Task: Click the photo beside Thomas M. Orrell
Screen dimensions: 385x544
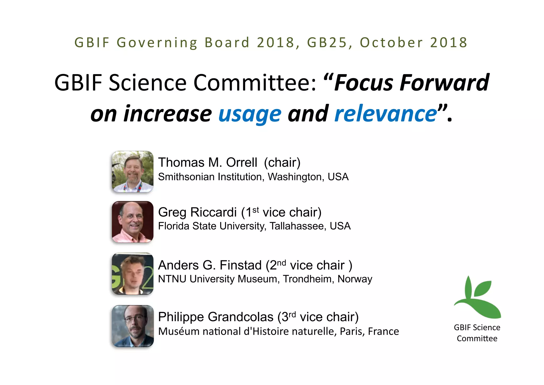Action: (x=133, y=171)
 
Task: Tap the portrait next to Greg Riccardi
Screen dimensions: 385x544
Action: (x=133, y=222)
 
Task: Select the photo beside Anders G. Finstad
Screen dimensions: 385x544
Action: (x=133, y=274)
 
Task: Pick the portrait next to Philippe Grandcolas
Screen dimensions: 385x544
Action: (x=133, y=326)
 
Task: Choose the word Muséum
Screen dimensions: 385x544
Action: (x=175, y=331)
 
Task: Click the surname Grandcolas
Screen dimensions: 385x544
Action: (x=241, y=317)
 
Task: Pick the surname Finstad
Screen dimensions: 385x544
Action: (x=241, y=265)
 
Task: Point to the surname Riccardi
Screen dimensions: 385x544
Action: (x=213, y=212)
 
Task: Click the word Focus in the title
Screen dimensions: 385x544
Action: (x=364, y=83)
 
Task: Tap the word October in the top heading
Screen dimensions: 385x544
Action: (x=391, y=43)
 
